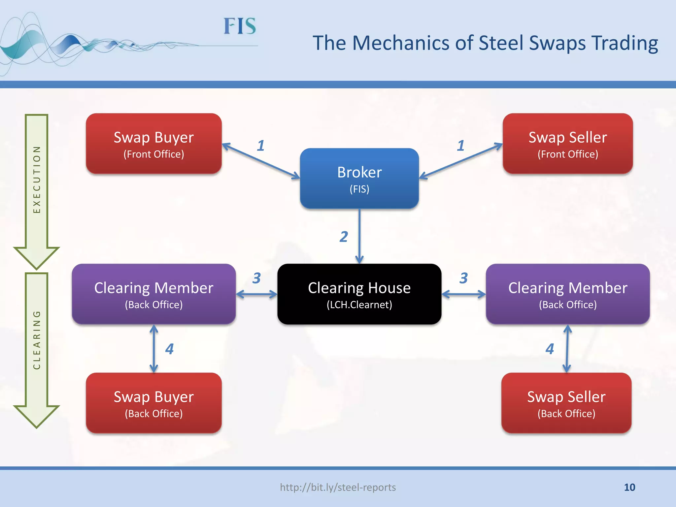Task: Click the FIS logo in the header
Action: click(x=240, y=26)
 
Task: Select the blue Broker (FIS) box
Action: click(x=359, y=179)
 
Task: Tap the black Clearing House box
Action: click(x=359, y=294)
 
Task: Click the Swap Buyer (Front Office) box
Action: click(x=153, y=144)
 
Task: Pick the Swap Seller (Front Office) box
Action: click(x=567, y=144)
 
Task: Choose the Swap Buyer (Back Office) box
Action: click(x=153, y=403)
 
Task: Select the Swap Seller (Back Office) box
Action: click(x=566, y=403)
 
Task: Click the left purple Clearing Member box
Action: click(x=153, y=294)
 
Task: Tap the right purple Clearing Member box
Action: click(x=567, y=294)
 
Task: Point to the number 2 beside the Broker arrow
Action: click(x=344, y=237)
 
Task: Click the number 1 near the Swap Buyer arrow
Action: click(x=261, y=146)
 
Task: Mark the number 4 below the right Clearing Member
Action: click(x=550, y=349)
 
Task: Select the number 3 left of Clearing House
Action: click(x=257, y=278)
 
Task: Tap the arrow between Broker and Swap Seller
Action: click(x=461, y=161)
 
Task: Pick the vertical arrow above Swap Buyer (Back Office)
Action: click(x=154, y=349)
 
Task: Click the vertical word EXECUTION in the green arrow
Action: click(x=37, y=180)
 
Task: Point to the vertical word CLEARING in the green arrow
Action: click(x=37, y=340)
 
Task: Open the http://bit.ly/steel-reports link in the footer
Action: click(x=338, y=487)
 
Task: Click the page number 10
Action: click(x=629, y=487)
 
